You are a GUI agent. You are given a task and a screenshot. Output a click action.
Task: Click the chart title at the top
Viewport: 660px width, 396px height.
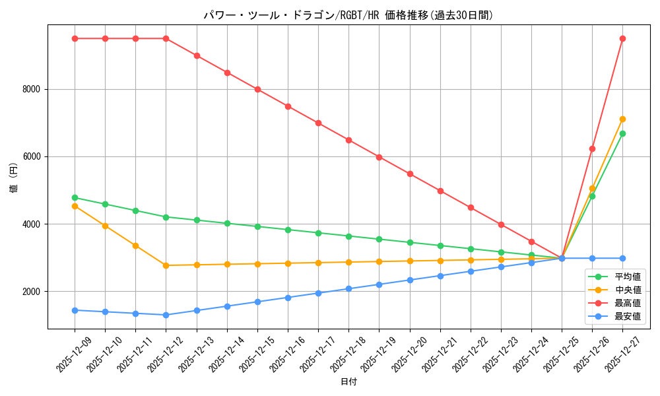[x=348, y=15]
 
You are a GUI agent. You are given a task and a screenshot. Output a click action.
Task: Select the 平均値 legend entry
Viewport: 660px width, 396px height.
[x=627, y=277]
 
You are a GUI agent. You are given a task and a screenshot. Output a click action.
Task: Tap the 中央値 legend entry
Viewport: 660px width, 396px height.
[x=627, y=290]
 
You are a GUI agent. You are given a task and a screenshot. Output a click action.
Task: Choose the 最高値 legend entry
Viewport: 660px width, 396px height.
[x=627, y=303]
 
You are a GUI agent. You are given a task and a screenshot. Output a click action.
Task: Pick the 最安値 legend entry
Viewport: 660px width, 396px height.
[x=627, y=316]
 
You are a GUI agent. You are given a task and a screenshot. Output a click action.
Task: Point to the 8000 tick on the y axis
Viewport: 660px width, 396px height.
[x=30, y=89]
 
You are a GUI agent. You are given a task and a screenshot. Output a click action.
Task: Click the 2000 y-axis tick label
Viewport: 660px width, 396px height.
[x=30, y=292]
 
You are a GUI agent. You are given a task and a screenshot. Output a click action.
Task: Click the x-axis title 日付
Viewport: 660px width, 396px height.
[x=348, y=382]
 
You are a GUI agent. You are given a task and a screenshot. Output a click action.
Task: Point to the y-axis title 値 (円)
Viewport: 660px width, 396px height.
[x=14, y=177]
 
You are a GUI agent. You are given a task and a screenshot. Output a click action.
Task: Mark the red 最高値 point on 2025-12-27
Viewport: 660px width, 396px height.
[x=622, y=38]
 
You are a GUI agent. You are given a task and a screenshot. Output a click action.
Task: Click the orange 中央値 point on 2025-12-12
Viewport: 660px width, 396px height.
[x=166, y=265]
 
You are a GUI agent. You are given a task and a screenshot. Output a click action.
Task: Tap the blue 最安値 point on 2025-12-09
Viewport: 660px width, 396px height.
[x=75, y=310]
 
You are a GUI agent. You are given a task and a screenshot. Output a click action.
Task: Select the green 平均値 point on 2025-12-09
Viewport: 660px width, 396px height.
[x=75, y=197]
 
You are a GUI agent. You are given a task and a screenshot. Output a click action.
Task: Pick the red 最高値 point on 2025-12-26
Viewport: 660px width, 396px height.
[x=592, y=148]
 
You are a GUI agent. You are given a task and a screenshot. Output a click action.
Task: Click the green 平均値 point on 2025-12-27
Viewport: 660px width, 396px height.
[x=622, y=133]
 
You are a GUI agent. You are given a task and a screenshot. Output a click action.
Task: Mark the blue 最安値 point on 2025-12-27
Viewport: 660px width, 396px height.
[x=622, y=258]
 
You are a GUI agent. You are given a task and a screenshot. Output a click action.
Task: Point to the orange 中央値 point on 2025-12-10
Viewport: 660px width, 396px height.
[x=105, y=226]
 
